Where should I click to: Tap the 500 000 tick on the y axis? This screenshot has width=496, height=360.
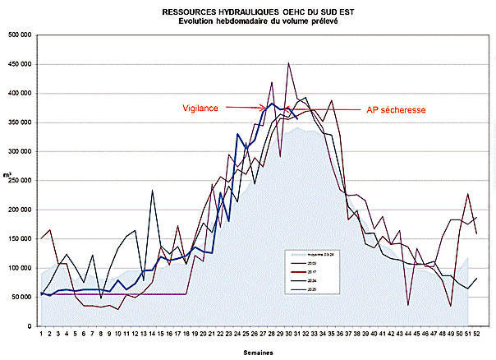[21, 35]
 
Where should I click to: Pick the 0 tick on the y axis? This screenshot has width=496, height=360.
[30, 326]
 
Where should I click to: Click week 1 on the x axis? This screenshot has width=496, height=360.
[41, 334]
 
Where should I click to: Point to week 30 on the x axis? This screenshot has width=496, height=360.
[288, 334]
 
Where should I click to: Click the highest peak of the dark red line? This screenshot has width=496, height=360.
[288, 63]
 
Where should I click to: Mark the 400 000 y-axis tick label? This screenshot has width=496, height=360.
[21, 94]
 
